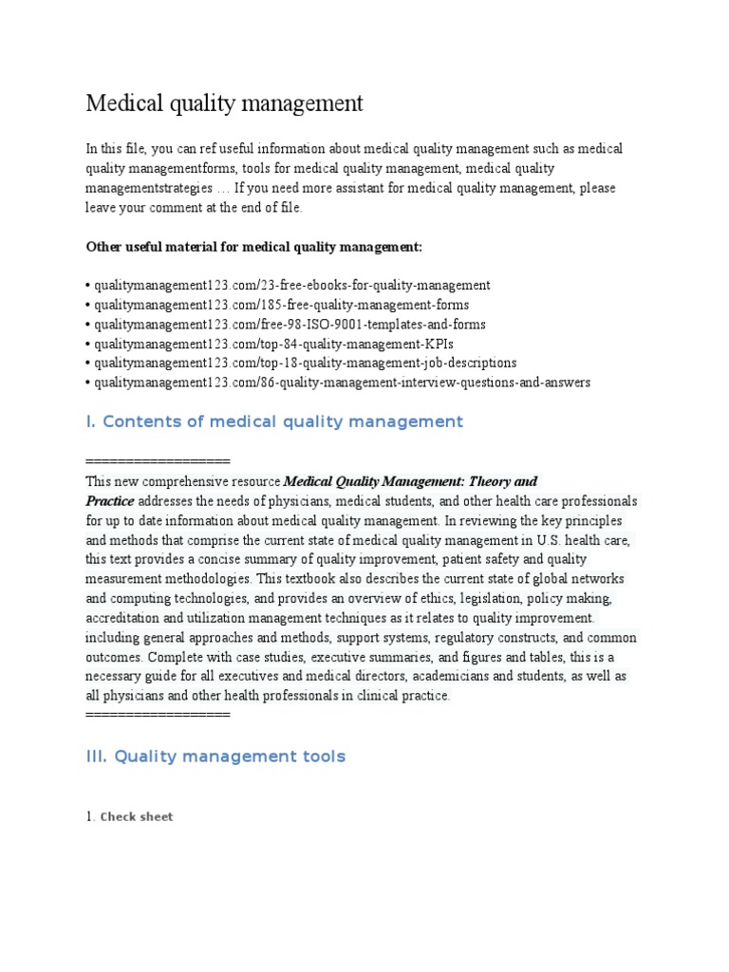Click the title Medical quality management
point(225,103)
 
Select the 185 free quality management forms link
point(281,305)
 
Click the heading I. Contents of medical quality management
point(274,421)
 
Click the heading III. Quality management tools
point(215,757)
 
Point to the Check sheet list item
point(137,816)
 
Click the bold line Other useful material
point(253,247)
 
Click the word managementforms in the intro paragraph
point(185,168)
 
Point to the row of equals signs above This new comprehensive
point(158,461)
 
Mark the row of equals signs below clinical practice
point(158,714)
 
